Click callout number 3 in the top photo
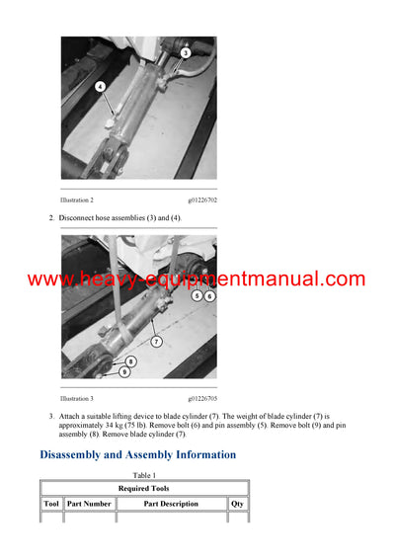pyautogui.click(x=185, y=52)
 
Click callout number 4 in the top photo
pyautogui.click(x=100, y=87)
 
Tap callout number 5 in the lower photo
pyautogui.click(x=197, y=295)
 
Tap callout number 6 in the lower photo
pyautogui.click(x=209, y=295)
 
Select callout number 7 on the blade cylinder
pyautogui.click(x=155, y=341)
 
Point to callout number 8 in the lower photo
pyautogui.click(x=130, y=361)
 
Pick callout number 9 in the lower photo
pyautogui.click(x=123, y=372)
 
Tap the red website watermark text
pyautogui.click(x=197, y=279)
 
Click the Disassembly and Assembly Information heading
pyautogui.click(x=137, y=455)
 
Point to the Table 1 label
pyautogui.click(x=144, y=475)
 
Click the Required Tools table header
pyautogui.click(x=144, y=488)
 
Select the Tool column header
pyautogui.click(x=51, y=504)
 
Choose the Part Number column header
pyautogui.click(x=89, y=504)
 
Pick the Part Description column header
pyautogui.click(x=171, y=504)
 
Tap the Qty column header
pyautogui.click(x=238, y=504)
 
